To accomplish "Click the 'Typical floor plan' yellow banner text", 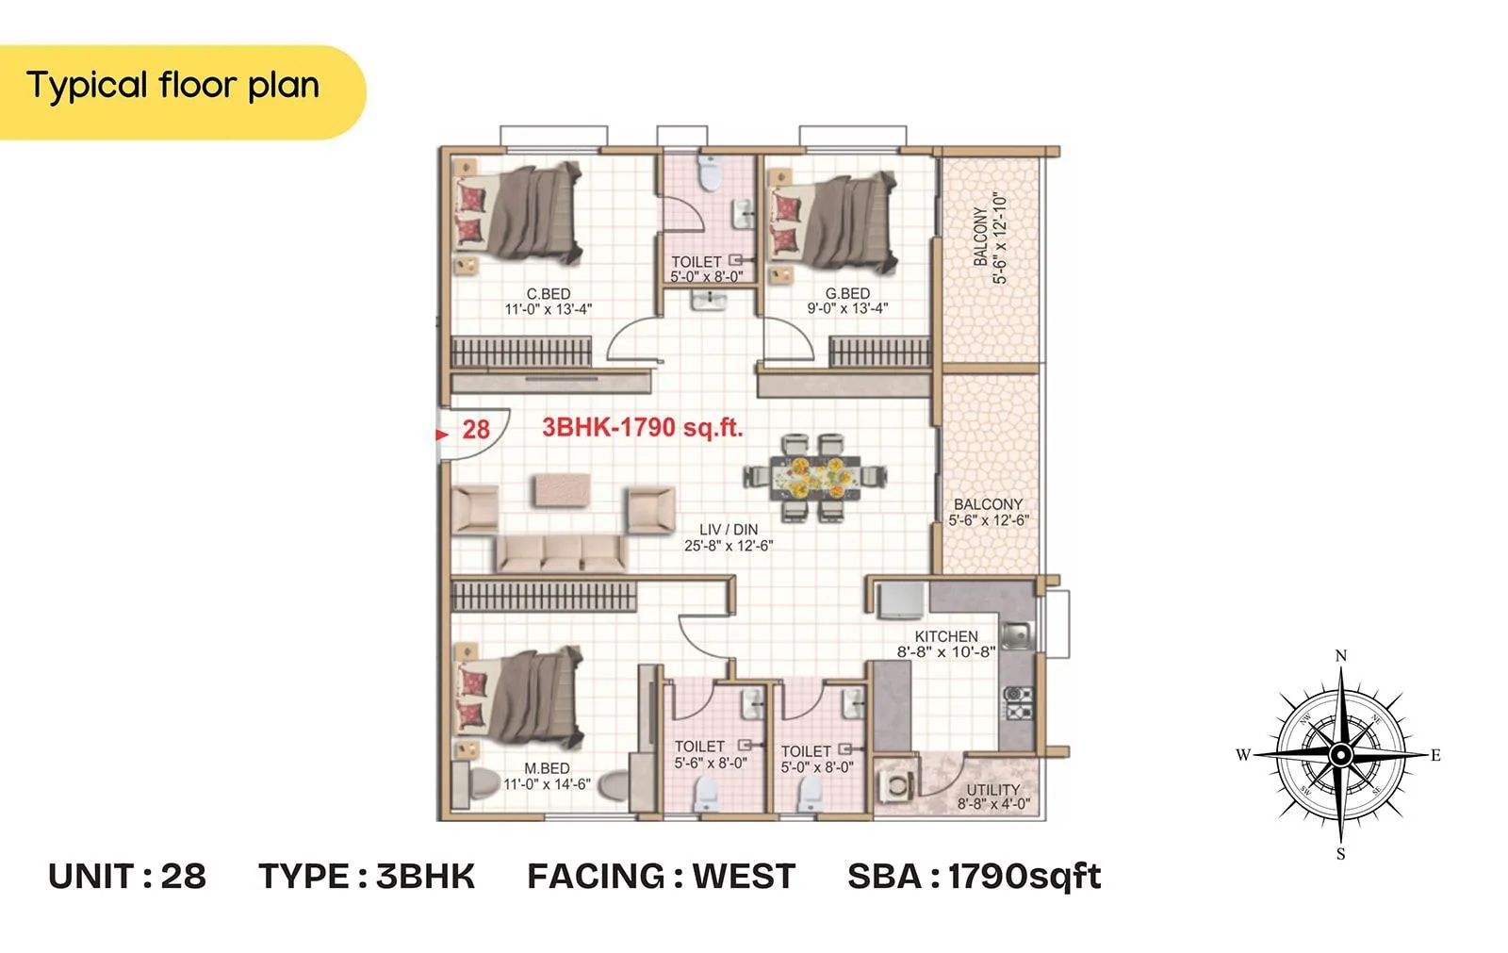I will (172, 86).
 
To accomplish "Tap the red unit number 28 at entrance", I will (475, 430).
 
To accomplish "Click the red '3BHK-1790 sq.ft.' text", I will (642, 427).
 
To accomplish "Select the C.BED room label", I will (548, 293).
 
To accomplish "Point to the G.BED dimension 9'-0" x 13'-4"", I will (846, 308).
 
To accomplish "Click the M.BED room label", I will (547, 768).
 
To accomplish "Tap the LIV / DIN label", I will (728, 530).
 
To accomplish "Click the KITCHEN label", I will (945, 636).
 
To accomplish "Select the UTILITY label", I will (992, 790).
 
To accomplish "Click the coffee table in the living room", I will (563, 489).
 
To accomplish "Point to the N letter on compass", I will (1340, 655).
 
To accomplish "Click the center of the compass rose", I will (1340, 755).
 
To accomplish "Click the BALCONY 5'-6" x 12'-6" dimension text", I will (988, 520).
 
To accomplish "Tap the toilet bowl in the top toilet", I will (708, 173).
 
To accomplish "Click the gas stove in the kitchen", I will (1017, 703).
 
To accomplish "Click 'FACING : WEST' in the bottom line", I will (661, 877).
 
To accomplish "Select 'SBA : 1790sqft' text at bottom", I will (974, 877).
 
